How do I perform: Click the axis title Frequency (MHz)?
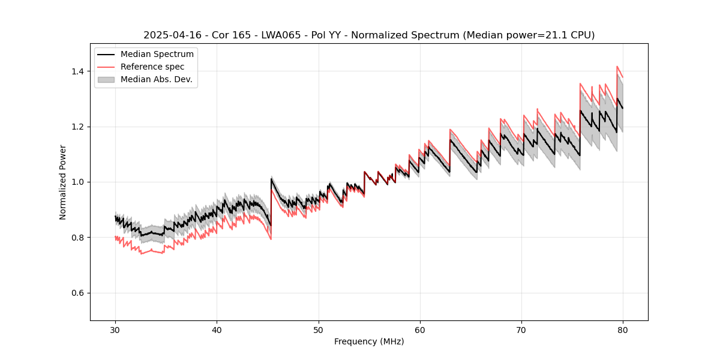coord(369,341)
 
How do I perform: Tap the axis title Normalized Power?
coord(63,182)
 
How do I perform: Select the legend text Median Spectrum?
coord(157,55)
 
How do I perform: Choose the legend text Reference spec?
coord(152,67)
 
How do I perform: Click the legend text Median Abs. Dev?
coord(157,79)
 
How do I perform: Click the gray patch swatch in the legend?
coord(106,79)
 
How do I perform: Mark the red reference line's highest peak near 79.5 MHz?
coord(617,67)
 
